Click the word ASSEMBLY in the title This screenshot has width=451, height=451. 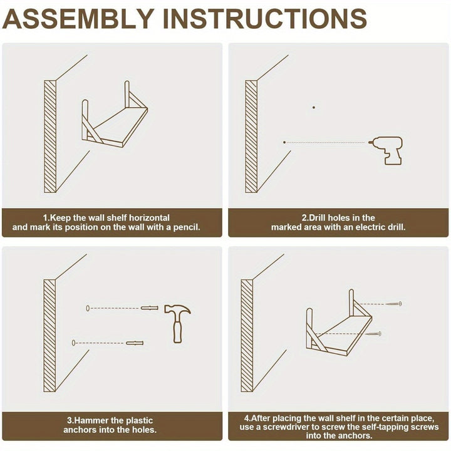[78, 19]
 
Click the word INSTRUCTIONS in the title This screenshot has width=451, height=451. [264, 19]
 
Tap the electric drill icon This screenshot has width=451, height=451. [386, 150]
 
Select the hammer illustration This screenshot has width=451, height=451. [177, 323]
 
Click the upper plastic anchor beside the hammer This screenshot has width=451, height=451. [149, 308]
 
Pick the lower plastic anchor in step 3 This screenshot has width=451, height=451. [135, 343]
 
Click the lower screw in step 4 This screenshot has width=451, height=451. [373, 334]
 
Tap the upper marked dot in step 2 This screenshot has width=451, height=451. [314, 108]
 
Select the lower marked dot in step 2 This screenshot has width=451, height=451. [284, 142]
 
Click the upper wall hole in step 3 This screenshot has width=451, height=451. [88, 308]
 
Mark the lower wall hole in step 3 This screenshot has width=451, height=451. [73, 343]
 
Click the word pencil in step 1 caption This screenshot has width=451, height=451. [187, 227]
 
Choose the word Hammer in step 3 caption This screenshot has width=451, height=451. [91, 420]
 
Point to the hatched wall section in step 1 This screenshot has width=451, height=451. [50, 137]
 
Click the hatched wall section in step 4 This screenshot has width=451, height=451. [247, 336]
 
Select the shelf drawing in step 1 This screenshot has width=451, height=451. [115, 115]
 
